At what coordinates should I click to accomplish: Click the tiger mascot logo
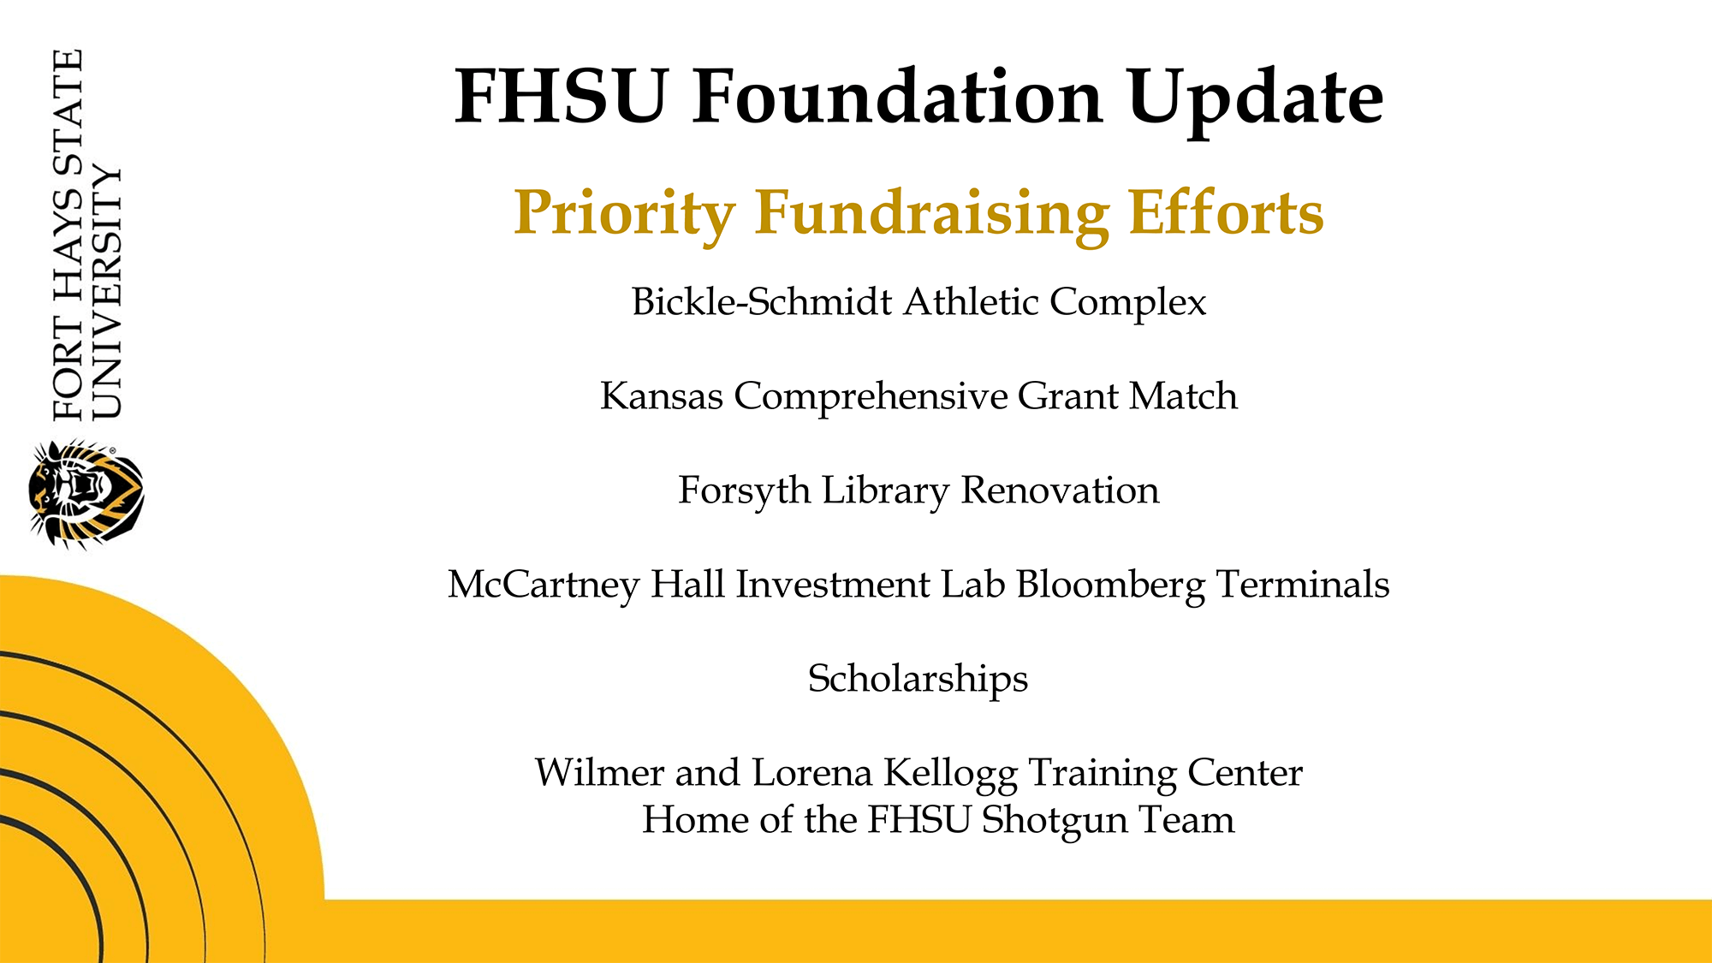pos(86,494)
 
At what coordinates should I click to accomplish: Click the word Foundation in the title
pos(898,97)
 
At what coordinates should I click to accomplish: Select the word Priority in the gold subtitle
pos(624,213)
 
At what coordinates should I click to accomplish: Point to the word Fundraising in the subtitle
pos(932,213)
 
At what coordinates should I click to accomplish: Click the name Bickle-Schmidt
pos(762,301)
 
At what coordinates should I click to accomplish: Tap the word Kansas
pos(662,395)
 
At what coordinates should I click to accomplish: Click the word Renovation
pos(1060,490)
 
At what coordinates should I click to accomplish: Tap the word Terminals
pos(1303,584)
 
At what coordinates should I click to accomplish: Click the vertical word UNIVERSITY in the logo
pos(107,291)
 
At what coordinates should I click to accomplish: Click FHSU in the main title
pos(562,97)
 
